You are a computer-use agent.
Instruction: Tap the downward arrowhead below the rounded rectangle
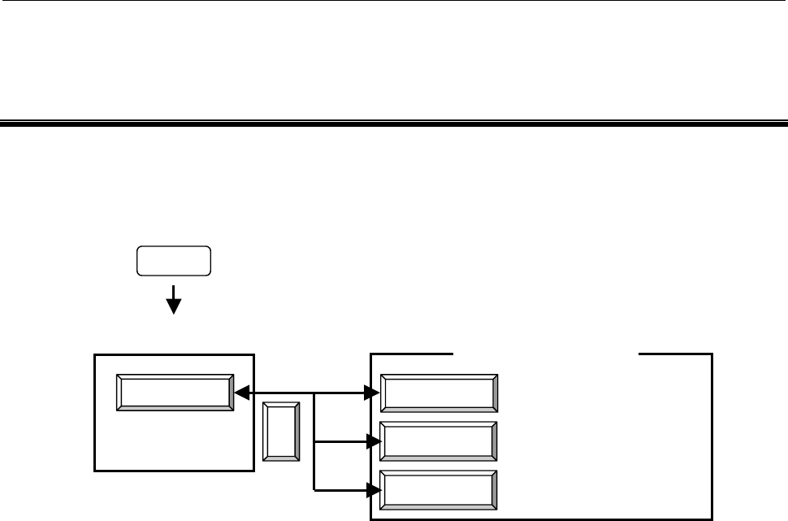click(x=173, y=306)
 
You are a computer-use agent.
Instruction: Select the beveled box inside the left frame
click(x=175, y=394)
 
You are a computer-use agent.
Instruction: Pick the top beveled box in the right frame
click(x=439, y=394)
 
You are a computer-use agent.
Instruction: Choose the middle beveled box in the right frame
click(x=439, y=442)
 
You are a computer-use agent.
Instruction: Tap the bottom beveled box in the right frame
click(x=439, y=490)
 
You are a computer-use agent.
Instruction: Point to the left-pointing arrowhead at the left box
click(x=240, y=394)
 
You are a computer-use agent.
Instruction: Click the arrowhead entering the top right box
click(x=374, y=394)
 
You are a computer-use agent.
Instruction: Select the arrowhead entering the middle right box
click(x=374, y=442)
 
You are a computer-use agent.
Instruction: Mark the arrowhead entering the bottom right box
click(x=374, y=490)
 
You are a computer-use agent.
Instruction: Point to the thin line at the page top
click(x=394, y=1)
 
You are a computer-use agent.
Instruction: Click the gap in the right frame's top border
click(x=545, y=354)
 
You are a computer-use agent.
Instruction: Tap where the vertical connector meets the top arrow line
click(x=314, y=394)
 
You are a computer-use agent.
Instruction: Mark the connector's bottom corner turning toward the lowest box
click(x=314, y=490)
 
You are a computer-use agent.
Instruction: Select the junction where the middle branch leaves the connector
click(x=314, y=442)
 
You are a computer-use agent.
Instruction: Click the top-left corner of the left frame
click(x=95, y=355)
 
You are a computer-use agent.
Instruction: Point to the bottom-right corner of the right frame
click(x=712, y=519)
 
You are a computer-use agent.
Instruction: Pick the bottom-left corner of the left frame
click(x=95, y=471)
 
